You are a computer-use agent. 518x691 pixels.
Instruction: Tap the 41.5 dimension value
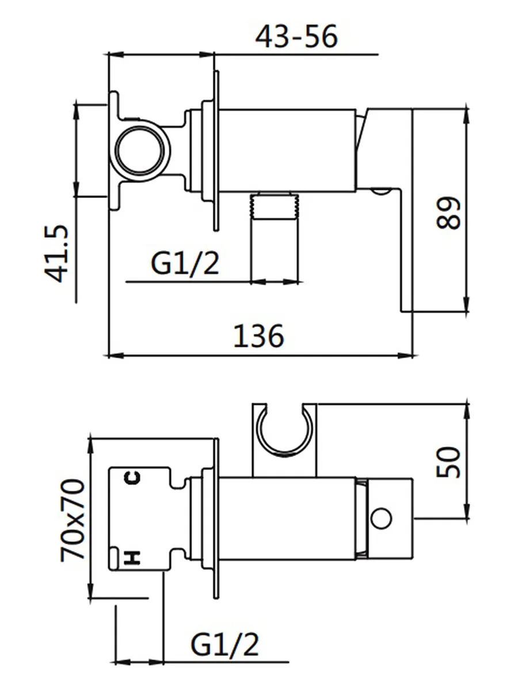pyautogui.click(x=56, y=253)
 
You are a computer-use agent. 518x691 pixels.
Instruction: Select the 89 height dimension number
pyautogui.click(x=449, y=213)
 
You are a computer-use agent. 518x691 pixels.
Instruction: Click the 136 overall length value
pyautogui.click(x=258, y=336)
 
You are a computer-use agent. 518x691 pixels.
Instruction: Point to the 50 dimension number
pyautogui.click(x=449, y=462)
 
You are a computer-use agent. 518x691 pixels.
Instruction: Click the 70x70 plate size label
pyautogui.click(x=73, y=521)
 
